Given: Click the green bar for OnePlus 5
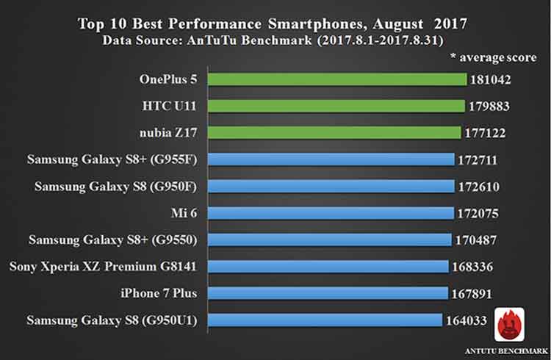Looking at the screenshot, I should tap(338, 79).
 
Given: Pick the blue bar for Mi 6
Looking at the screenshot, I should tap(331, 213).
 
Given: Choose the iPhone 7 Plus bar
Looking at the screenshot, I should tap(328, 293).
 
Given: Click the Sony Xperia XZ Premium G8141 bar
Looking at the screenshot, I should tap(328, 266).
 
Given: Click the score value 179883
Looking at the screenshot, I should tap(490, 106).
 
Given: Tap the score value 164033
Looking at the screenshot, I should tap(468, 320).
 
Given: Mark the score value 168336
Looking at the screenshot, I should tap(473, 266).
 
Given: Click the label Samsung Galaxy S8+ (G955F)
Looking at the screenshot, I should tap(118, 159).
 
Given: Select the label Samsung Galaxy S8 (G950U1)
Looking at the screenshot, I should tap(116, 320).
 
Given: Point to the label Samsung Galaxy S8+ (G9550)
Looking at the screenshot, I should tap(118, 240).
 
